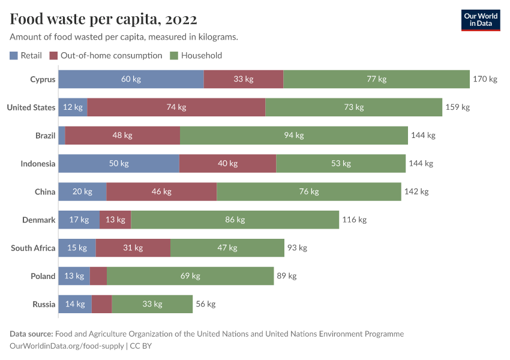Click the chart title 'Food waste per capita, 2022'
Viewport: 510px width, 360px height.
coord(103,20)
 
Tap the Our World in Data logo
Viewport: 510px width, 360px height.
coord(481,20)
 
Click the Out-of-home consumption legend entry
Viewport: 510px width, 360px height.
coord(106,55)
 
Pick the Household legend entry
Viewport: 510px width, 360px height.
coord(196,55)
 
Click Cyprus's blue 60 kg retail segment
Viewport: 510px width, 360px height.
coord(131,79)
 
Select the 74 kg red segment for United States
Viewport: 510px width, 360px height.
coord(176,107)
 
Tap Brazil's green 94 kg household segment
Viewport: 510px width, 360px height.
coord(293,136)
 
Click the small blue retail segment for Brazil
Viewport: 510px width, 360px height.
coord(62,136)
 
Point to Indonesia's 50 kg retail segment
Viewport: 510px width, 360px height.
coord(119,164)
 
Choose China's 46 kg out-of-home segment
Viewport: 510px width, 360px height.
coord(161,192)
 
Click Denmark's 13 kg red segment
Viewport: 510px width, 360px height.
coord(115,220)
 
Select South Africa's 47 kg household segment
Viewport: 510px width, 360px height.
coord(227,248)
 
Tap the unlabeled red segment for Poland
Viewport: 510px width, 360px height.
coord(98,277)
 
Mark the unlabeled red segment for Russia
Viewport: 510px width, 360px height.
coord(102,304)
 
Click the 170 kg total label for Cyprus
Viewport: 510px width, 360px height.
coord(485,79)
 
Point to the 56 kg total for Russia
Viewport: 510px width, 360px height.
coord(206,304)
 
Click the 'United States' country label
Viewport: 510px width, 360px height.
coord(31,107)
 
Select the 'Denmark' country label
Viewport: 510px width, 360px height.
coord(39,220)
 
